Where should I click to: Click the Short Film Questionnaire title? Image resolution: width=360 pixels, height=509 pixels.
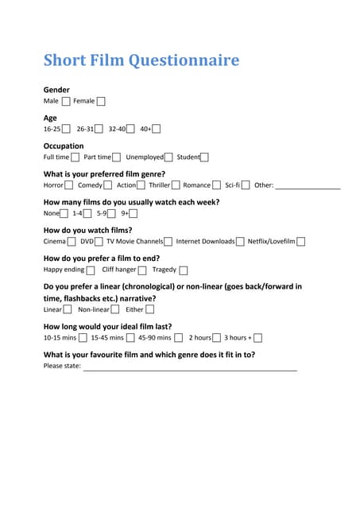click(x=141, y=60)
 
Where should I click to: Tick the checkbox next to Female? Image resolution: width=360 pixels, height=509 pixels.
click(x=101, y=101)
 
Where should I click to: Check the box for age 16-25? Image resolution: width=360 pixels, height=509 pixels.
click(x=66, y=129)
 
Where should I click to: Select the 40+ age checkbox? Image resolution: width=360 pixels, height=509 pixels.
click(x=157, y=129)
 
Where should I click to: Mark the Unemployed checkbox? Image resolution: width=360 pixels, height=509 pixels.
click(x=168, y=157)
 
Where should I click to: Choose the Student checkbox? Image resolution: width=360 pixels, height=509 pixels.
click(x=205, y=157)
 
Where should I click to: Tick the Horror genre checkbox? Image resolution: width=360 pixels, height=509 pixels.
click(x=69, y=185)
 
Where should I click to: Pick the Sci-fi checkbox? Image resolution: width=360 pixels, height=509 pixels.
click(x=246, y=185)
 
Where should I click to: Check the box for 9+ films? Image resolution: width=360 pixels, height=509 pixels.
click(x=134, y=213)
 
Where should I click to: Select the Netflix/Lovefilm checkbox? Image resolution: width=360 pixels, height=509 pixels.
click(x=300, y=242)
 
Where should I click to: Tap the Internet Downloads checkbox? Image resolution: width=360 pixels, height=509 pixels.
click(x=240, y=242)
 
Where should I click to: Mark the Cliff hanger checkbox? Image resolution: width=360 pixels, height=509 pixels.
click(x=142, y=270)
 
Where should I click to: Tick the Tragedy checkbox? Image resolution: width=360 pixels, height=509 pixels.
click(x=184, y=270)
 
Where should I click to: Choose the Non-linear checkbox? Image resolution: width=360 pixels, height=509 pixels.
click(x=115, y=309)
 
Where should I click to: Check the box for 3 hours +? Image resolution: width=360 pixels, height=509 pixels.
click(x=258, y=338)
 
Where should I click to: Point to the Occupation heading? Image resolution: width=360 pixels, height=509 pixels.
click(x=63, y=146)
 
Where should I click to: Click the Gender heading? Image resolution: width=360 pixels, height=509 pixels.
click(x=56, y=90)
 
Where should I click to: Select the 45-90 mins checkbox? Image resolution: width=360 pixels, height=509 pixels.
click(x=179, y=338)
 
